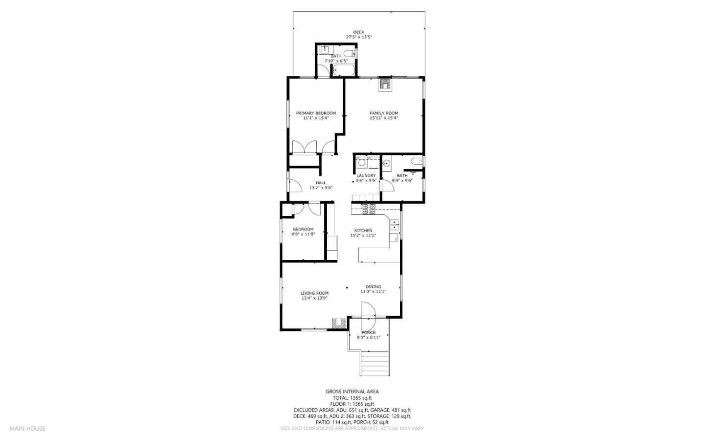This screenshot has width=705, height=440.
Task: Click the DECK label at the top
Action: (359, 32)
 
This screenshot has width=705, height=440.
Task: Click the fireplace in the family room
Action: (385, 85)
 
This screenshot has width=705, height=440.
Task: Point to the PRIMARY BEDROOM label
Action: (316, 113)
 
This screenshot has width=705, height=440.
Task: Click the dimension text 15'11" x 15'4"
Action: (383, 118)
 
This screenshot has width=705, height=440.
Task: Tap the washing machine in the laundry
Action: (362, 163)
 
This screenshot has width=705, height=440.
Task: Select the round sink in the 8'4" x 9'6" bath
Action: (387, 163)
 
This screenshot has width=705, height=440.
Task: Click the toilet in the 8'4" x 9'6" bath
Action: (417, 162)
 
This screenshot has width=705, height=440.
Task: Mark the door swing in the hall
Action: (295, 185)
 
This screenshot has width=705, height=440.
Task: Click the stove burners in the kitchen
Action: (369, 209)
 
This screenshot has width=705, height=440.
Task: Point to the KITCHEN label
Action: (363, 231)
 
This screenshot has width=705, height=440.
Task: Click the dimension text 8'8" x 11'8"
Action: (303, 234)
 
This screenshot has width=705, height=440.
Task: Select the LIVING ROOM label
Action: (314, 293)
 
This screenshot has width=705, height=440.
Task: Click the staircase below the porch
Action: (375, 363)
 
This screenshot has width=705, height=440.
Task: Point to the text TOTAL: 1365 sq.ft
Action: (352, 398)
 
